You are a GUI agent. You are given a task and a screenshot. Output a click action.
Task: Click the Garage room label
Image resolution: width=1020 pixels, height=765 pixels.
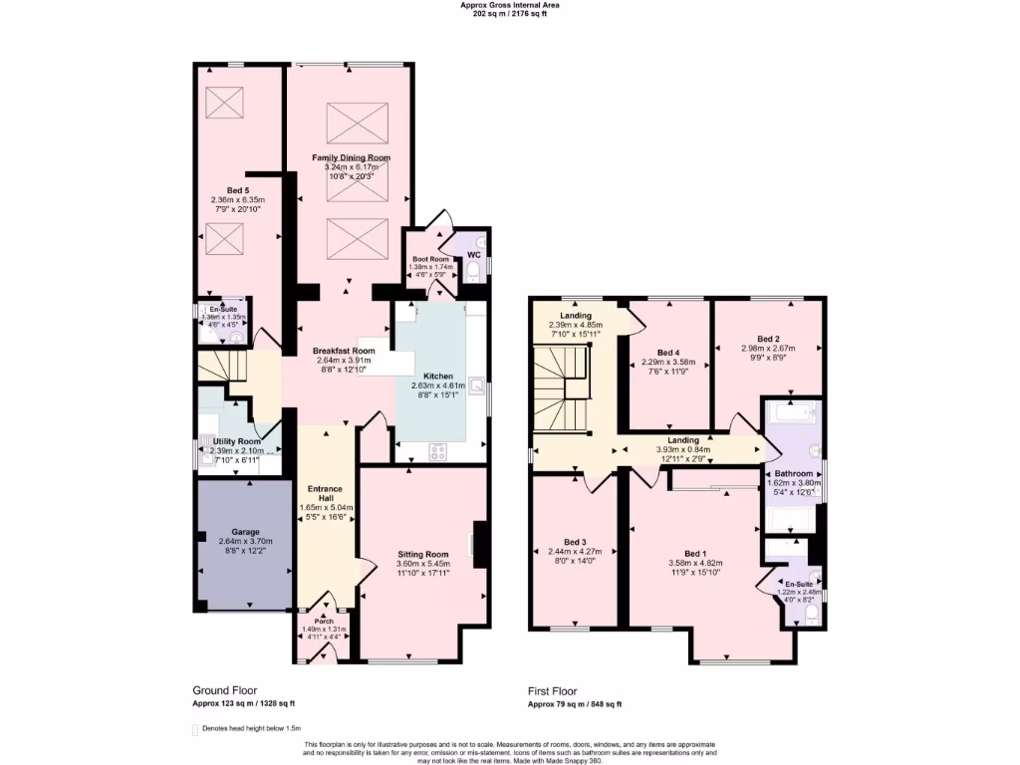245,532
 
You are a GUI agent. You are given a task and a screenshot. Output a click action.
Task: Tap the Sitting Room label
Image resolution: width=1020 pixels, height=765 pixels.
422,554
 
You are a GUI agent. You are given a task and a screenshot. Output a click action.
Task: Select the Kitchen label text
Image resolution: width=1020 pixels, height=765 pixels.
438,377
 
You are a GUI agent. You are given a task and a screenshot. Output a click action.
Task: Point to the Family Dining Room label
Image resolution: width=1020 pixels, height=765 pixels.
351,157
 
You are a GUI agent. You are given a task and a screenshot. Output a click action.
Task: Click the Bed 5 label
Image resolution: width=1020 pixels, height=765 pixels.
237,190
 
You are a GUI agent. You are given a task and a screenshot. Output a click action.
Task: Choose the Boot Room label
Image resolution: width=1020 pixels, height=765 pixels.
432,259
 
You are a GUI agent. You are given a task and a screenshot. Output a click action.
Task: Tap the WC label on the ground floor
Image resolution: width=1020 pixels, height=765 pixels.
459,253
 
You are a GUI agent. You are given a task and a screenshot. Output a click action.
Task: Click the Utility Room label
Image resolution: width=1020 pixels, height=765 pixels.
237,441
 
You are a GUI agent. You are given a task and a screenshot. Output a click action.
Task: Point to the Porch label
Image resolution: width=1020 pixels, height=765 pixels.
324,621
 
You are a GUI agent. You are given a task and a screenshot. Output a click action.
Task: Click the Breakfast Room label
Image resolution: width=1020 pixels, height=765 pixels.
343,351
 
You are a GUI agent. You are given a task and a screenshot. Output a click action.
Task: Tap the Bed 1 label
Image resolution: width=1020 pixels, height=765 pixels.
694,553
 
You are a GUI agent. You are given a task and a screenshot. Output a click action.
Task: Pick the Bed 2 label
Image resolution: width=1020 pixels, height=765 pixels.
767,339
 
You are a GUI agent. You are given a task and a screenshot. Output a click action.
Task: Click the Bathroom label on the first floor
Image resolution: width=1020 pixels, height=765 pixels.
791,473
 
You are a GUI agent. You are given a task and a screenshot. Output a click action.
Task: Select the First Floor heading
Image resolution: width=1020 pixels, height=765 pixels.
554,689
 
